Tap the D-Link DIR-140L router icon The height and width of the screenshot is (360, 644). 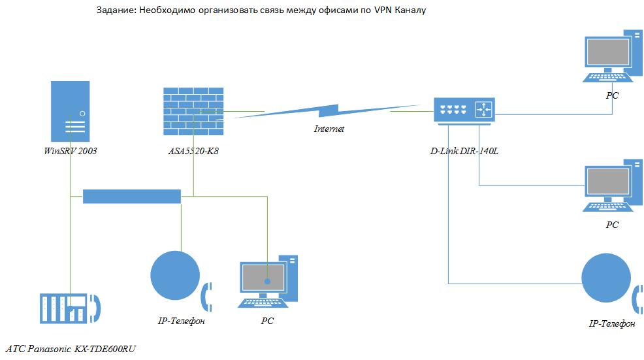pyautogui.click(x=464, y=110)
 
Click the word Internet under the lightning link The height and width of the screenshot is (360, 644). pyautogui.click(x=329, y=129)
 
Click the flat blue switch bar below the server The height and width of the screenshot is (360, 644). pyautogui.click(x=131, y=196)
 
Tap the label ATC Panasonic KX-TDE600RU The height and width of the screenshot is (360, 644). pyautogui.click(x=72, y=349)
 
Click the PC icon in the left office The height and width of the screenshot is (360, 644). pyautogui.click(x=268, y=281)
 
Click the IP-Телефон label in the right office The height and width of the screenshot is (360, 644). pyautogui.click(x=611, y=324)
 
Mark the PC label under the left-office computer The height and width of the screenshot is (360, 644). pyautogui.click(x=267, y=321)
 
